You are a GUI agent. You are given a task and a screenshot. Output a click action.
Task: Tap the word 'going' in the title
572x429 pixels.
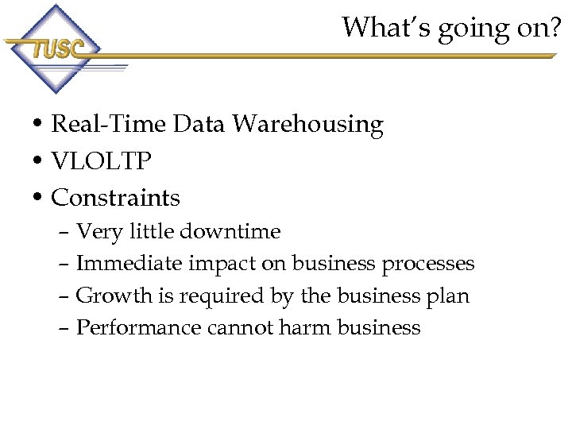tap(446, 29)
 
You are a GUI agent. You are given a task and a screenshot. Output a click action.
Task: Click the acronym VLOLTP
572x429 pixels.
tap(101, 161)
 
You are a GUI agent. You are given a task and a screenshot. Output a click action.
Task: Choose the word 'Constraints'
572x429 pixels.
tap(116, 197)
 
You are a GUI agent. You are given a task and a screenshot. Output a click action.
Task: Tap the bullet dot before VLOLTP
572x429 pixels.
tap(38, 162)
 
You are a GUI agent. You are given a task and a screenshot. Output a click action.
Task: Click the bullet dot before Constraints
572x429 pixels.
tap(38, 198)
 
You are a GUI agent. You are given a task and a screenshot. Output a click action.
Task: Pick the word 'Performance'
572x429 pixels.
tap(139, 328)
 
